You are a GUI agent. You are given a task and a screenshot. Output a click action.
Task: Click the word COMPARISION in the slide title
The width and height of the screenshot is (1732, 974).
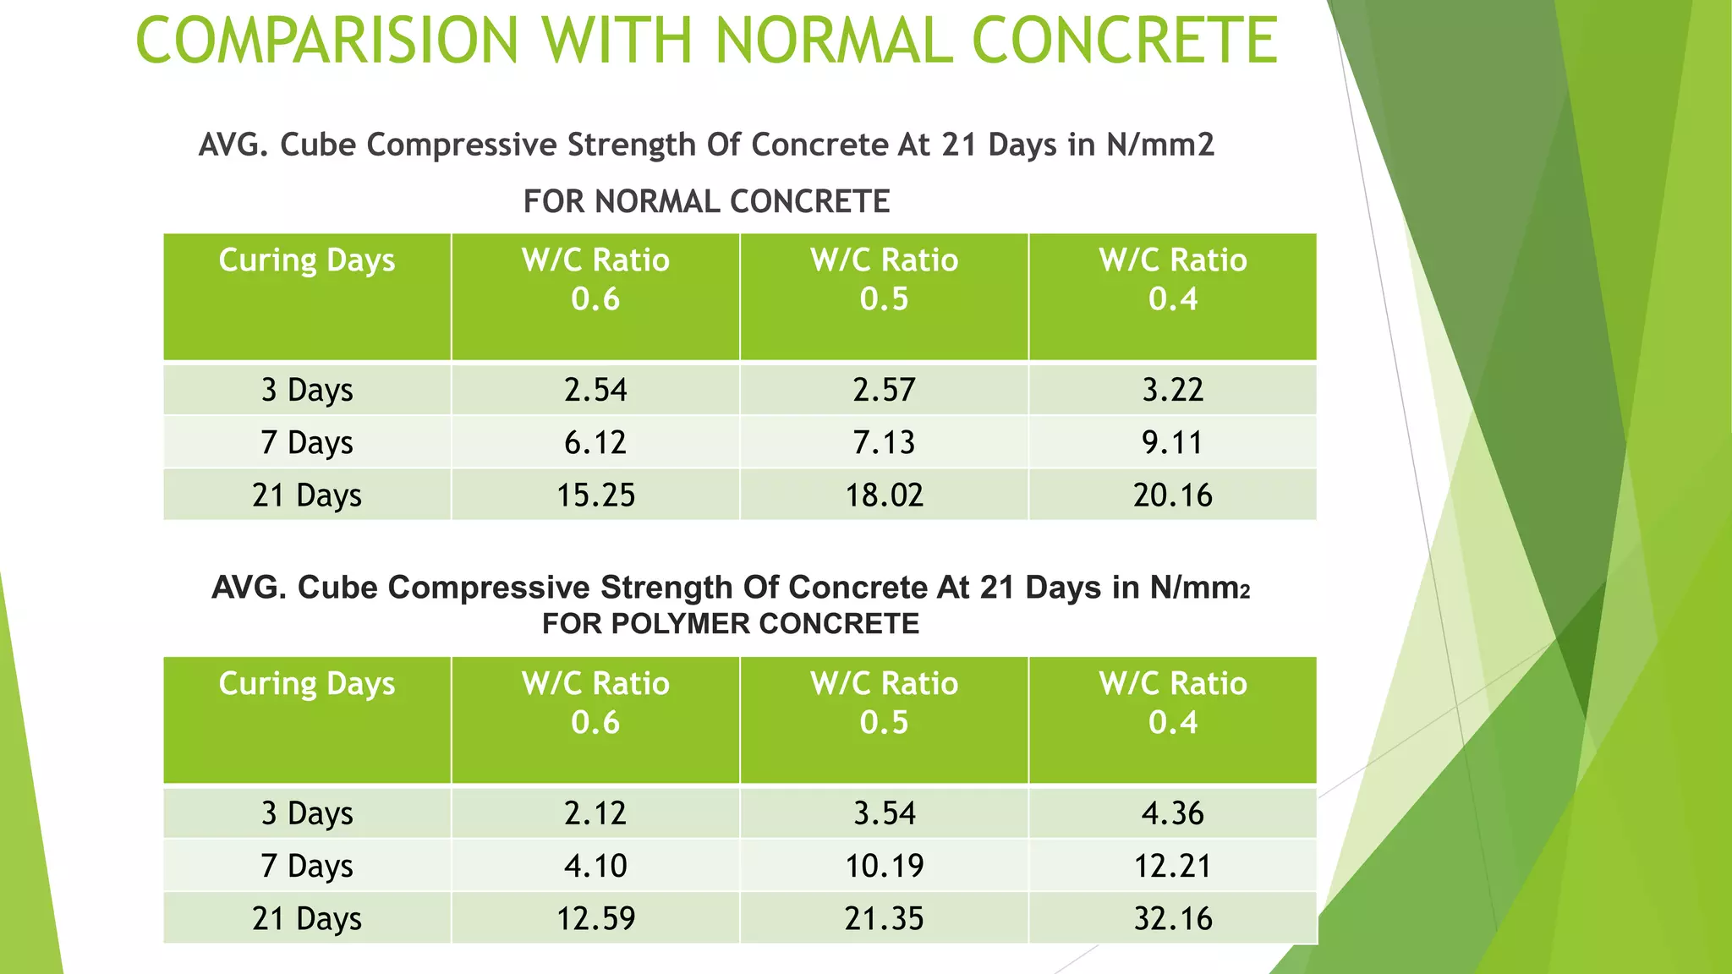point(326,41)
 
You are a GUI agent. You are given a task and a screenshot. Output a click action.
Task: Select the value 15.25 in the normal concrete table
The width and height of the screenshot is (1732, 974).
point(595,495)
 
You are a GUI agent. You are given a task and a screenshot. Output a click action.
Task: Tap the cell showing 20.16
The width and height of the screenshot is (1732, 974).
point(1172,495)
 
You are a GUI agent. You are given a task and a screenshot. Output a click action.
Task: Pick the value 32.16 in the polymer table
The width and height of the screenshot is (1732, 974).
point(1172,919)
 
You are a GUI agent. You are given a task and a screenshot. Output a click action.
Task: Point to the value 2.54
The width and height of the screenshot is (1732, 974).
point(595,391)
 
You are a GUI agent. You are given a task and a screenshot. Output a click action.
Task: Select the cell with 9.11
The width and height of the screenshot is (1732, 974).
point(1172,443)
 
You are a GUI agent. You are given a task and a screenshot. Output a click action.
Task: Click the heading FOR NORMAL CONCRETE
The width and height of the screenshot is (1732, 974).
point(706,202)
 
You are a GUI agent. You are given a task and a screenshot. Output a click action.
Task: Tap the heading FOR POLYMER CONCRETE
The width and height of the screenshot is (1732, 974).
point(731,624)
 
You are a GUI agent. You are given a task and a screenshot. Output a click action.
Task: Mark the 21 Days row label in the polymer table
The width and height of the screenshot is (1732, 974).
point(306,919)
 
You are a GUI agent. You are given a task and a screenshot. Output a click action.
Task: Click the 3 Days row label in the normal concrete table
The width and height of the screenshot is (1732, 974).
point(306,391)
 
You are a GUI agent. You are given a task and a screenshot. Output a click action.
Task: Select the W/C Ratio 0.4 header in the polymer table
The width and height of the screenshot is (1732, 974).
point(1172,703)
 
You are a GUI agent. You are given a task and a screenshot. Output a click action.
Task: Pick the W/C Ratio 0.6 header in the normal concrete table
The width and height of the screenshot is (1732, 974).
point(595,280)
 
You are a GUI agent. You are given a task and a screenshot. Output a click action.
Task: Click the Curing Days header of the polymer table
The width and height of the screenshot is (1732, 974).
point(306,684)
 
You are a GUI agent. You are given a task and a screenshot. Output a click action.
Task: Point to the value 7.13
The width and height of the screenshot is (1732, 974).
point(884,443)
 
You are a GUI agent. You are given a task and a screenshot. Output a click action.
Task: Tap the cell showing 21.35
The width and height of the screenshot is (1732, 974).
point(884,919)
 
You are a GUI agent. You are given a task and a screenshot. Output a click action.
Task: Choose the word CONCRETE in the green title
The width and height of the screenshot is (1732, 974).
point(1125,41)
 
